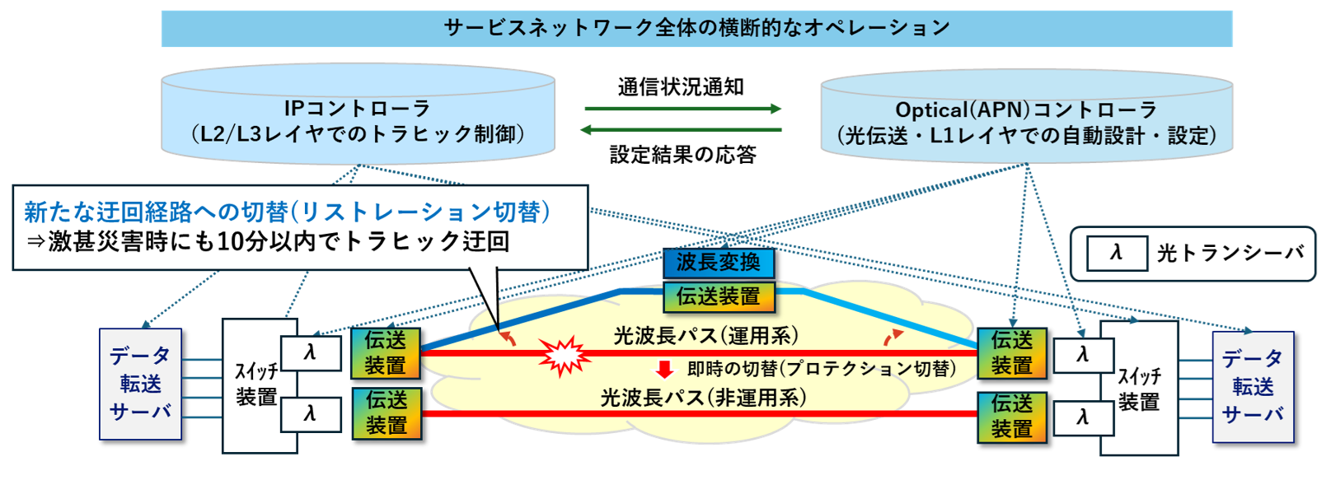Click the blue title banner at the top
click(696, 28)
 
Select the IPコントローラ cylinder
click(358, 119)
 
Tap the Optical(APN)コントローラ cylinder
click(1026, 122)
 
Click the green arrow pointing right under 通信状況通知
click(682, 108)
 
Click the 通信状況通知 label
click(681, 86)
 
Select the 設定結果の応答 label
click(682, 154)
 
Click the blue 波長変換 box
click(719, 263)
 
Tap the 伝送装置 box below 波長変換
click(719, 296)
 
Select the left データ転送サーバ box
click(140, 384)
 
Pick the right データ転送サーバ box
click(1253, 386)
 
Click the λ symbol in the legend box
click(1117, 253)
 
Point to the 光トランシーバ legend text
click(1230, 253)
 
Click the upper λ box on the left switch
click(311, 353)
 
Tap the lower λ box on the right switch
click(1083, 417)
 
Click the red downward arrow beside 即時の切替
click(664, 369)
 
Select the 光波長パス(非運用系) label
click(703, 398)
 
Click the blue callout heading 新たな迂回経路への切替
click(287, 212)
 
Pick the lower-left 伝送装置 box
click(387, 412)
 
